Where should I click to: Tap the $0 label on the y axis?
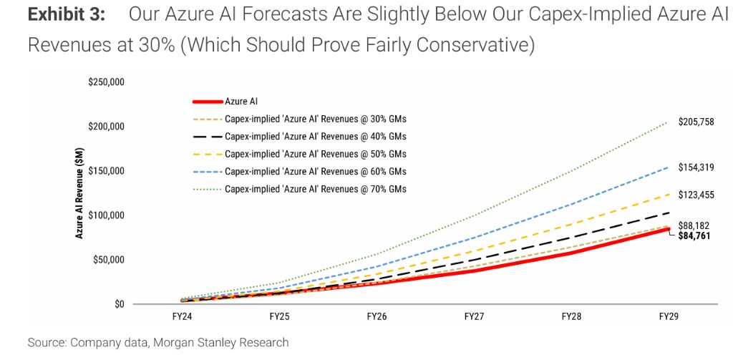pos(118,304)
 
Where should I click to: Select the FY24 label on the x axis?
pos(182,316)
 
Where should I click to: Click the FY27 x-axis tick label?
pos(474,316)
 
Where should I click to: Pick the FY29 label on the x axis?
pos(669,316)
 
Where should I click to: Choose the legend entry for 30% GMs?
pos(315,119)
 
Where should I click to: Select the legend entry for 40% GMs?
pos(315,137)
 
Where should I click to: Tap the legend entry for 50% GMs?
pos(315,154)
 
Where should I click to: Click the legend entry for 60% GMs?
pos(315,171)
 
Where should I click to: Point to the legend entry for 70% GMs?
pos(315,189)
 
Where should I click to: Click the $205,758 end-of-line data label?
pos(696,122)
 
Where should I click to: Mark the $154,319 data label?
pos(696,167)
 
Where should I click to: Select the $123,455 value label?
pos(696,194)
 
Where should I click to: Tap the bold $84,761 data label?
pos(694,235)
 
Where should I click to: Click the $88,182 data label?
pos(694,225)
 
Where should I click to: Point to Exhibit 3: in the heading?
pos(67,16)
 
